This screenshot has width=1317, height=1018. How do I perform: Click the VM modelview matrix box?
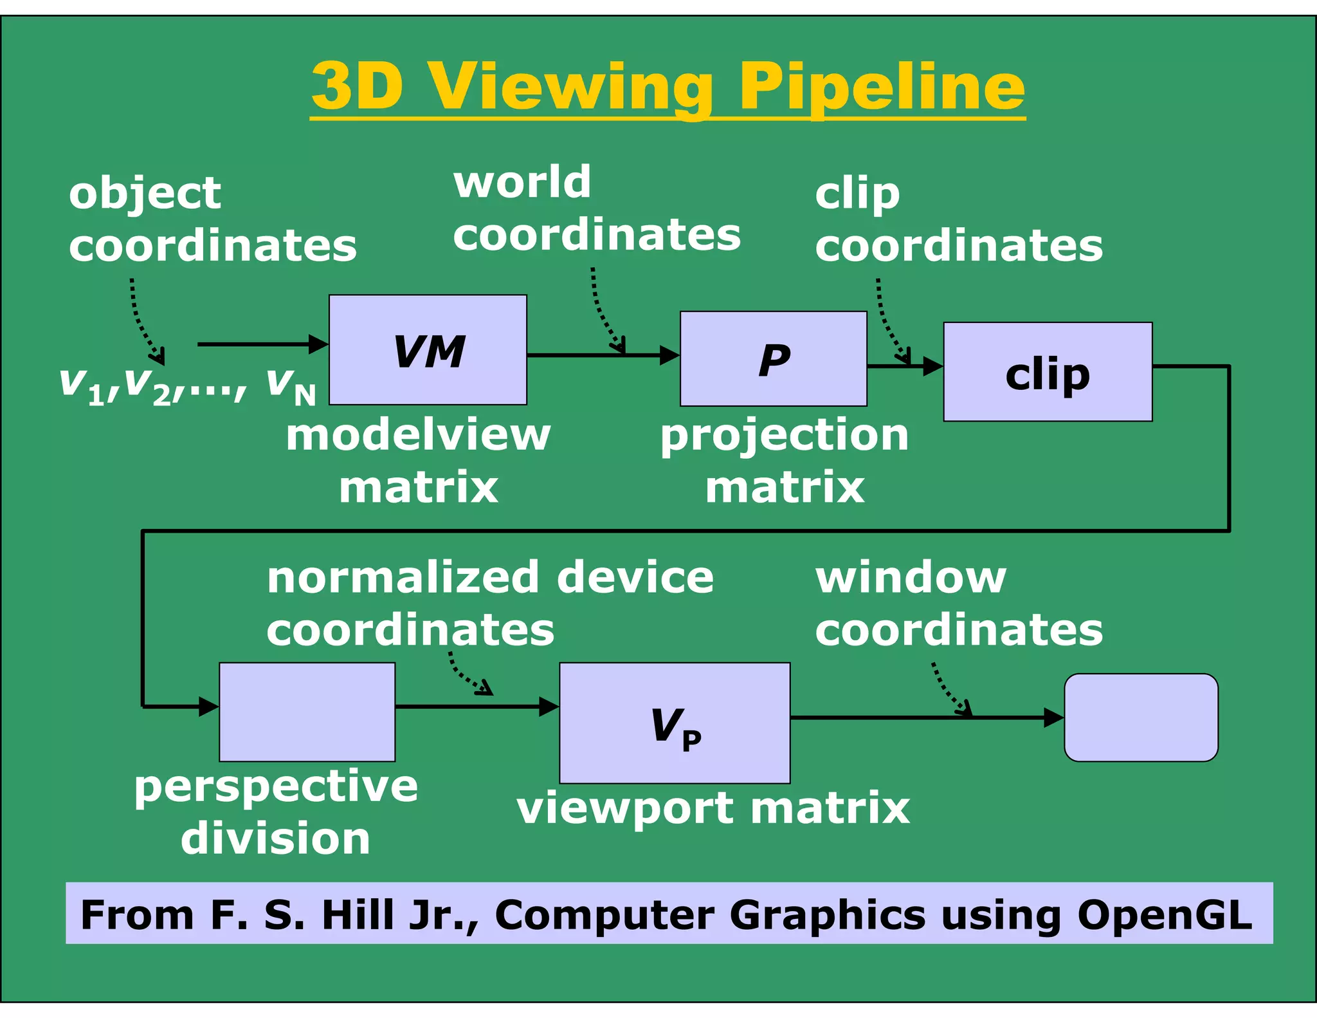tap(428, 349)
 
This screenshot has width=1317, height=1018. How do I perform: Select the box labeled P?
tap(773, 358)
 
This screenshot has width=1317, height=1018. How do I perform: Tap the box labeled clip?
tap(1047, 372)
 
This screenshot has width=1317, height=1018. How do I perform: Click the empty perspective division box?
tap(307, 712)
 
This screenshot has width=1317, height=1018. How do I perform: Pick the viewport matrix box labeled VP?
tap(674, 723)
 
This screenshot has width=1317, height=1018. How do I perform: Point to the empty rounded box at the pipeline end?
tap(1140, 717)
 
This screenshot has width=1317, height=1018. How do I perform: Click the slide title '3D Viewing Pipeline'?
tap(668, 87)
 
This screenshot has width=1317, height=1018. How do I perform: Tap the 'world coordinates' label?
tap(596, 208)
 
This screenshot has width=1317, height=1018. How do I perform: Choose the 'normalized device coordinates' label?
tap(489, 603)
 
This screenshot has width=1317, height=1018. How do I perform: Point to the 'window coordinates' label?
tap(958, 603)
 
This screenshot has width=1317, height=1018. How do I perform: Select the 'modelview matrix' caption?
tap(418, 461)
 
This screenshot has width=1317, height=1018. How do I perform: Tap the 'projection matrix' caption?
tap(785, 461)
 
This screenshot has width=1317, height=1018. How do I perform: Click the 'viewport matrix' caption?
tap(713, 808)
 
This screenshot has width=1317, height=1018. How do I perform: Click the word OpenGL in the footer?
tap(1164, 914)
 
